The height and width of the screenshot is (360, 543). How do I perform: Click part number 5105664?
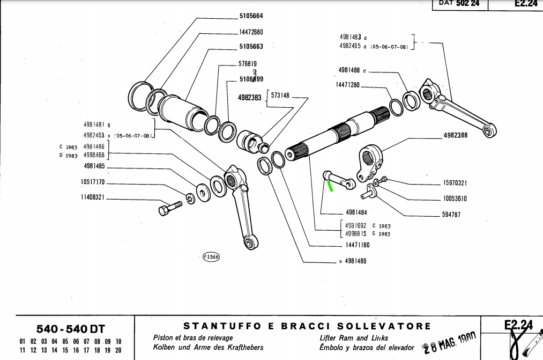(x=251, y=16)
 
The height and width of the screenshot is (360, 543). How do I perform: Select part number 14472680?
(x=251, y=32)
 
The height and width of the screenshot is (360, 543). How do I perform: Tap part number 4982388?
(x=455, y=135)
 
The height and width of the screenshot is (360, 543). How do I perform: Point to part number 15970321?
(x=455, y=183)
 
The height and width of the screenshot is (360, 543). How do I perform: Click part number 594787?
(x=451, y=215)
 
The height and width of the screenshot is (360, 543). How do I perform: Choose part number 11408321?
(x=92, y=198)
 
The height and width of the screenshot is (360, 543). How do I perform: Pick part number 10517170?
(x=92, y=182)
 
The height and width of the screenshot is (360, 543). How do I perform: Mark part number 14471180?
(x=358, y=245)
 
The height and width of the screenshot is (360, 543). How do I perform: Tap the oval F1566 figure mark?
(x=211, y=257)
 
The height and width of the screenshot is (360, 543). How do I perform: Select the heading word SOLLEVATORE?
(x=384, y=326)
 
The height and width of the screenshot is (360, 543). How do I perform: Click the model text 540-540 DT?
(x=70, y=328)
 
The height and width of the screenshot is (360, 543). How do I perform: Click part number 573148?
(x=280, y=95)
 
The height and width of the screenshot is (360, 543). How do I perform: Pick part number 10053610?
(x=455, y=199)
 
